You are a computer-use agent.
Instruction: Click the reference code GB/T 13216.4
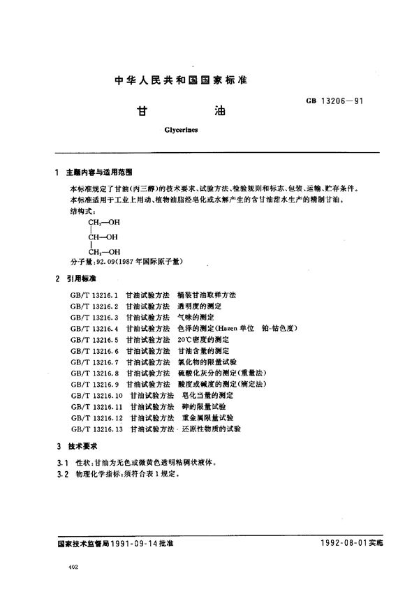pos(96,328)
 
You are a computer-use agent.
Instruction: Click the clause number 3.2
pos(61,473)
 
